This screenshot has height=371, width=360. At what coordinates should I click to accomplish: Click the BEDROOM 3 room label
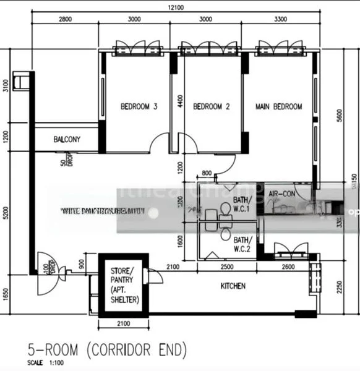click(x=139, y=107)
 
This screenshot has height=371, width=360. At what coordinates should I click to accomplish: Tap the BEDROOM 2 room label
click(x=212, y=107)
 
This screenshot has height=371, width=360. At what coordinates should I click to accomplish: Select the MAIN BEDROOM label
click(x=279, y=107)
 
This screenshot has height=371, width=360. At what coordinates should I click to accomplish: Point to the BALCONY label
click(x=67, y=140)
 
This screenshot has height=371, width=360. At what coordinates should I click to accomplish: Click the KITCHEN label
click(x=233, y=286)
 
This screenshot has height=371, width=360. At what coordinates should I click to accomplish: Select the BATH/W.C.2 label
click(x=242, y=244)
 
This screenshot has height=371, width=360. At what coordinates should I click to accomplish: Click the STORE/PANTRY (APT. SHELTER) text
click(x=126, y=285)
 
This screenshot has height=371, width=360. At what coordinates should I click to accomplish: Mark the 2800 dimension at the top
click(x=65, y=19)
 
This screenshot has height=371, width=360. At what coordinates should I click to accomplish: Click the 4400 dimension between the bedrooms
click(x=180, y=101)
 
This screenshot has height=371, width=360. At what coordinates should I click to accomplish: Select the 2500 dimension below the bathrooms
click(x=227, y=267)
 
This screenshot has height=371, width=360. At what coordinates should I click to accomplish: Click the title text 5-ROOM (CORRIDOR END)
click(x=107, y=351)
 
